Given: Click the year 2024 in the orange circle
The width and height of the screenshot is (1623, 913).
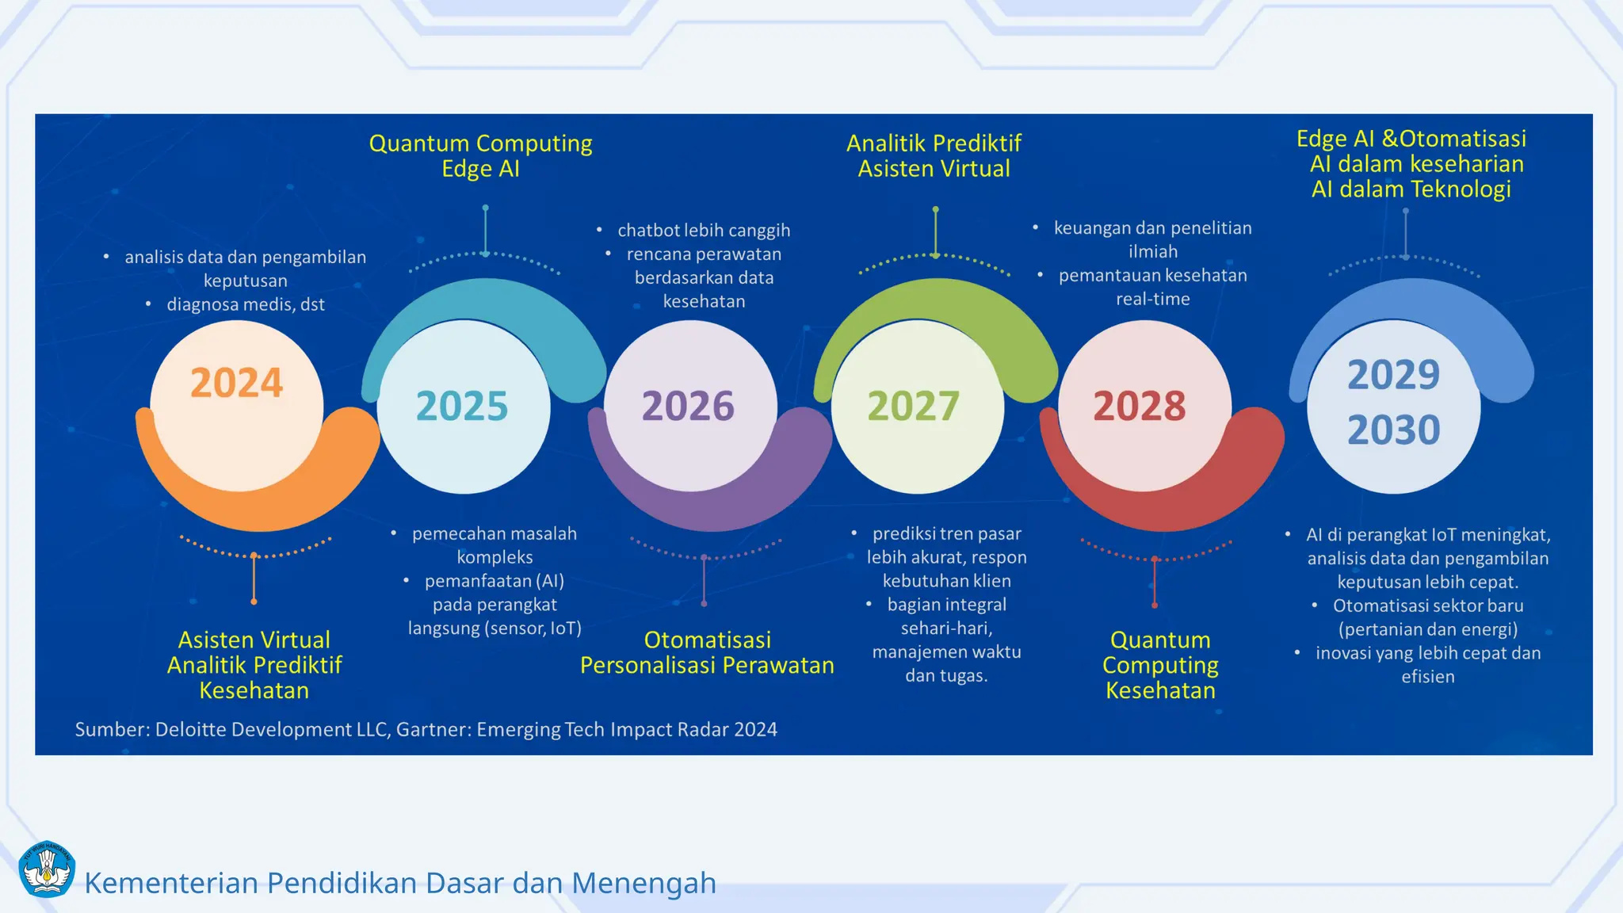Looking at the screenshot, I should tap(236, 383).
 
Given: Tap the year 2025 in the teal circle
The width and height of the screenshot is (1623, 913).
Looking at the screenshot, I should tap(462, 406).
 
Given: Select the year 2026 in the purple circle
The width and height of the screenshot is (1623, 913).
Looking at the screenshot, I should tap(688, 406).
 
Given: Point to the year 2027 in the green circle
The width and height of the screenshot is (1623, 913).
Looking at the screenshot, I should tap(914, 406).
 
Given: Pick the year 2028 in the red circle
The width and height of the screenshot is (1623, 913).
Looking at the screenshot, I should tap(1140, 406).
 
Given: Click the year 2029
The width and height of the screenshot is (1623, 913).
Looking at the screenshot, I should tap(1393, 374).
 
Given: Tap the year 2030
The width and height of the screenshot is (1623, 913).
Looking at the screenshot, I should tap(1393, 430).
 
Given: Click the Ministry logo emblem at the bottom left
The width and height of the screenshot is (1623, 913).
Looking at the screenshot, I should tap(47, 869).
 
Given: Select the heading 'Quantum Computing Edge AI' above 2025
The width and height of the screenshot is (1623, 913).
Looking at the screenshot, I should tap(480, 155).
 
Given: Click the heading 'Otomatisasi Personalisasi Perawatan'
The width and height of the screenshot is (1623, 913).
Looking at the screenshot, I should tap(707, 652).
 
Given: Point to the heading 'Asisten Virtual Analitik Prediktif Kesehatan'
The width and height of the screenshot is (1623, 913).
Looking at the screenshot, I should tap(254, 665).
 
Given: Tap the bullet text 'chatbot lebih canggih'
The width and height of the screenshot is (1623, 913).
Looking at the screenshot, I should tap(704, 230).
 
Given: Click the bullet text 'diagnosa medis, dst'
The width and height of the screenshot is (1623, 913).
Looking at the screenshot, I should tap(246, 304).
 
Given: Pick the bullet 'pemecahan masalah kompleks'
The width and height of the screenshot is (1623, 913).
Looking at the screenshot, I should tap(495, 545).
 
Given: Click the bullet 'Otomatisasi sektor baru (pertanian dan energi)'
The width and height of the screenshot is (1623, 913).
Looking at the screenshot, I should tap(1428, 617).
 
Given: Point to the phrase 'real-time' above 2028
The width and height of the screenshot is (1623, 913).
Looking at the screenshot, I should tap(1153, 299).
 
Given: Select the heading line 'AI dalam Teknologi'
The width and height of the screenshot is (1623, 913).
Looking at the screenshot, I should tap(1411, 189).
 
